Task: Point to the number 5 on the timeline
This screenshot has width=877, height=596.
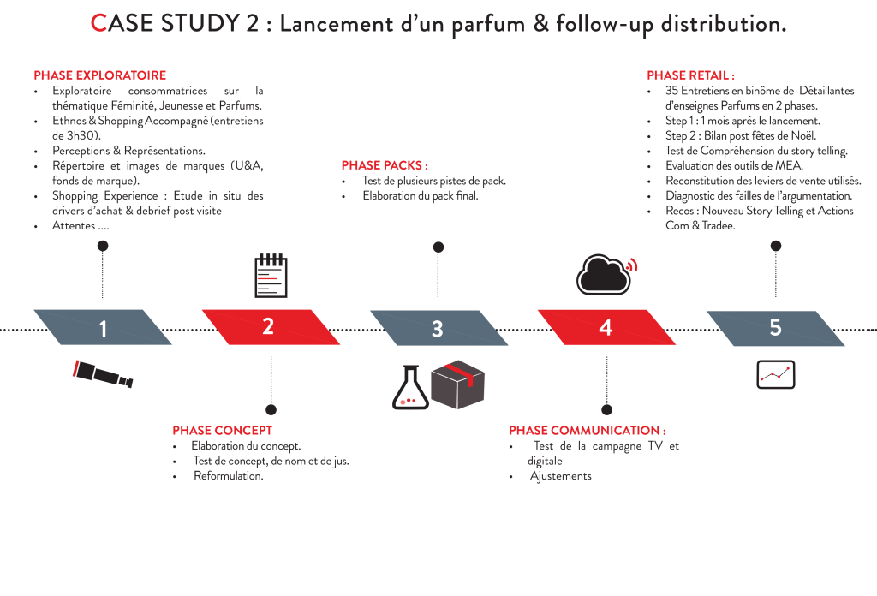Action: [775, 328]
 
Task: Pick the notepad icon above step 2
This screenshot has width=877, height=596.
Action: [271, 274]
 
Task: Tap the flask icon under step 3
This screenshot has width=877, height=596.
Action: [409, 386]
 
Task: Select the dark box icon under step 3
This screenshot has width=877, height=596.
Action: [458, 384]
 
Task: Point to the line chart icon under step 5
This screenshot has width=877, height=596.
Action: [776, 373]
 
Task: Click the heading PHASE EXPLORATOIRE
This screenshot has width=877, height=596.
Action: [99, 74]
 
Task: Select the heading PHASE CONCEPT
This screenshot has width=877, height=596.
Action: [222, 430]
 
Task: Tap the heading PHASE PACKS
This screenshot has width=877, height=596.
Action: [385, 164]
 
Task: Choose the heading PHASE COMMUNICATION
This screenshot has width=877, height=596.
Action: [588, 430]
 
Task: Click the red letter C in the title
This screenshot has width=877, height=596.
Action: [98, 24]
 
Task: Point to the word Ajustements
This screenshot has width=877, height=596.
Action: [561, 476]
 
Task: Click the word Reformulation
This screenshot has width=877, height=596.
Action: [228, 476]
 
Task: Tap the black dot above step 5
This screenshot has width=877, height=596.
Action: [775, 246]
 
